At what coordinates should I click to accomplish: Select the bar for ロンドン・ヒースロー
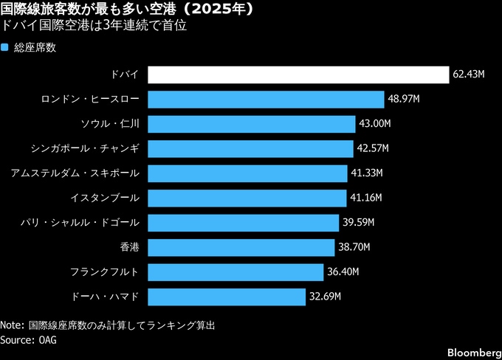click(266, 100)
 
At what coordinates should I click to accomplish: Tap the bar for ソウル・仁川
click(251, 124)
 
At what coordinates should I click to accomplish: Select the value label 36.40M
click(343, 272)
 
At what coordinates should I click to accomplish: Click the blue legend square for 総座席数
click(5, 48)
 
